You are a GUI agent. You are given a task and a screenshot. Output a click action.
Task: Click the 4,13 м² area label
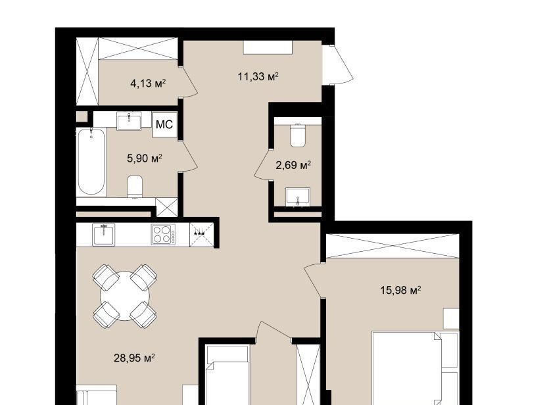148,83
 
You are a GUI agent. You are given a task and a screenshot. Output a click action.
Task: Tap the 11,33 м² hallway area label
258,76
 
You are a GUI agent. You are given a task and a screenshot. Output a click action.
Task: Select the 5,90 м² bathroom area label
145,158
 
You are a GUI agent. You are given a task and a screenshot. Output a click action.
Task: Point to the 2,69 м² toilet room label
293,164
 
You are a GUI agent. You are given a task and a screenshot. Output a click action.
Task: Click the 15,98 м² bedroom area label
400,290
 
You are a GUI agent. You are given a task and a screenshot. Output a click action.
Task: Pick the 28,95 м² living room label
134,358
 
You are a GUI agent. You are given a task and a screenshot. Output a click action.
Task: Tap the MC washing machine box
164,124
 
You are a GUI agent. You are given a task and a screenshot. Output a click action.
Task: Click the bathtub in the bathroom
91,162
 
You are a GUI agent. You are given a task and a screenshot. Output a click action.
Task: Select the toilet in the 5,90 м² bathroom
135,186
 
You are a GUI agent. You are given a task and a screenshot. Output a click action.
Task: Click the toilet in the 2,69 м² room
298,135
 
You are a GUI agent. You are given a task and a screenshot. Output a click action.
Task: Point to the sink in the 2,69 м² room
298,197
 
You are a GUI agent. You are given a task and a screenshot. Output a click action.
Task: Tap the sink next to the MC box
129,121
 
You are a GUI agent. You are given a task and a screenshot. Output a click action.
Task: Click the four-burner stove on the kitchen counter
163,234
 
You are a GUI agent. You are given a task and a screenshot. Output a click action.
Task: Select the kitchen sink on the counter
104,235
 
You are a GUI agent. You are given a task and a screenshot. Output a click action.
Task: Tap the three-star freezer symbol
201,233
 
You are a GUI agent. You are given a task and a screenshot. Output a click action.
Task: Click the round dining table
125,296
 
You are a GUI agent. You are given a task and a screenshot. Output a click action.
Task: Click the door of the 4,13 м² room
189,82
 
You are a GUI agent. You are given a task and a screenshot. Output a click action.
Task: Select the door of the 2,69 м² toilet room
262,164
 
